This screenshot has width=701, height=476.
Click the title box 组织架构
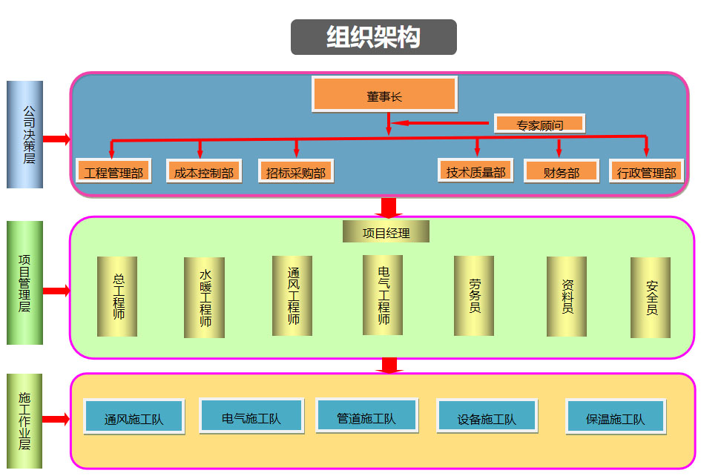click(373, 37)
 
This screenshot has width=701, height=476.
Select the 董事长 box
click(384, 94)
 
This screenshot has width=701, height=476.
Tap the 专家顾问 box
click(539, 124)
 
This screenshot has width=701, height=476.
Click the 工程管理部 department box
click(113, 171)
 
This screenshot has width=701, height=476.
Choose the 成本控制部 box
click(203, 171)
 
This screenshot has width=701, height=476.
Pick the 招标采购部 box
click(295, 171)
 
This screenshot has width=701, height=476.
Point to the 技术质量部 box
click(475, 171)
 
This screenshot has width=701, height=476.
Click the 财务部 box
click(561, 171)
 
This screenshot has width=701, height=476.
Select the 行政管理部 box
click(646, 171)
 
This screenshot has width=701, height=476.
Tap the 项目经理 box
click(386, 232)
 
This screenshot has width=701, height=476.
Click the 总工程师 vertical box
click(117, 297)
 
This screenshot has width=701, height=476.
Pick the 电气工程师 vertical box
click(383, 295)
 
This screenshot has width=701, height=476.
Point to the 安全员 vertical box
click(651, 297)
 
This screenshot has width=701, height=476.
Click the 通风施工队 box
click(134, 417)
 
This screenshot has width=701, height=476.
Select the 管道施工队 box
click(366, 416)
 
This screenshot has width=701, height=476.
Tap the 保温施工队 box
click(615, 417)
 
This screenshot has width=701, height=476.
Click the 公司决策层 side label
click(25, 134)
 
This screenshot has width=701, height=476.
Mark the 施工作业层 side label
click(25, 421)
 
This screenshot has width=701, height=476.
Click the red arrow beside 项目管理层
click(56, 291)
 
